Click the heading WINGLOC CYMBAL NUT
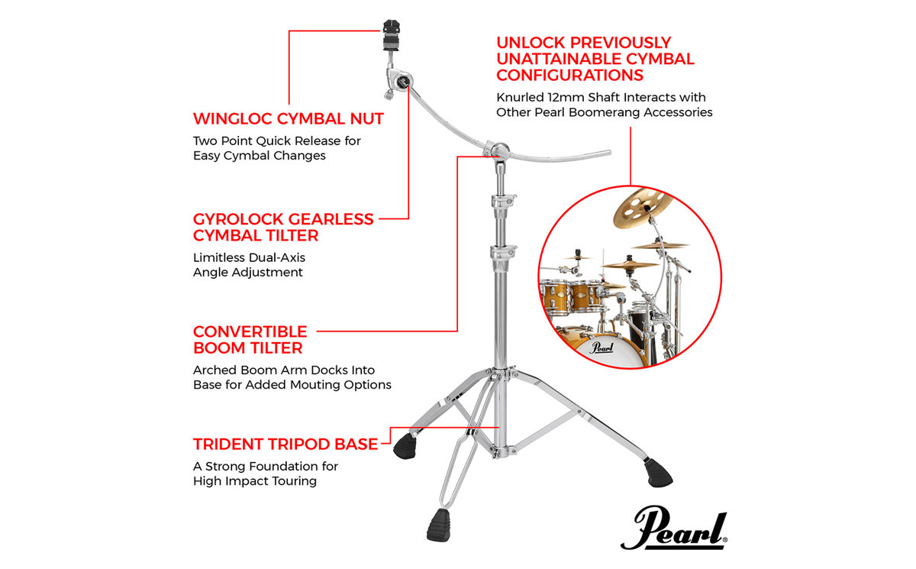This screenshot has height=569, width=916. click(x=289, y=118)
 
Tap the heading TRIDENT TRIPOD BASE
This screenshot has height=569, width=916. click(x=285, y=445)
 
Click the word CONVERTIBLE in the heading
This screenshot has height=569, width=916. click(x=250, y=331)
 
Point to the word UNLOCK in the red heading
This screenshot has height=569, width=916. click(x=531, y=43)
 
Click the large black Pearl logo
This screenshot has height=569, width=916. click(x=674, y=529)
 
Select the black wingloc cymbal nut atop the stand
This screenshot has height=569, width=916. click(x=392, y=35)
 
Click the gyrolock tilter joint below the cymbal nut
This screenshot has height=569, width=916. click(x=399, y=82)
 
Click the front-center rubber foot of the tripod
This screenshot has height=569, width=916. click(x=439, y=525)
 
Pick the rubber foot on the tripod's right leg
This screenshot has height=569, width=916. click(x=658, y=474)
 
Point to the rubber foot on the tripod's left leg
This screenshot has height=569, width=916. click(x=405, y=446)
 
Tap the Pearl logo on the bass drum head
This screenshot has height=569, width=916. click(x=602, y=348)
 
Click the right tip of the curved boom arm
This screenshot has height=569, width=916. click(x=610, y=153)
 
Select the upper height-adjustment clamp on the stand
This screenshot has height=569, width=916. click(x=503, y=202)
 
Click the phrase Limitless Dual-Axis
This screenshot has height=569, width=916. click(x=249, y=257)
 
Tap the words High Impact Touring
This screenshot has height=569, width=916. click(x=255, y=481)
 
